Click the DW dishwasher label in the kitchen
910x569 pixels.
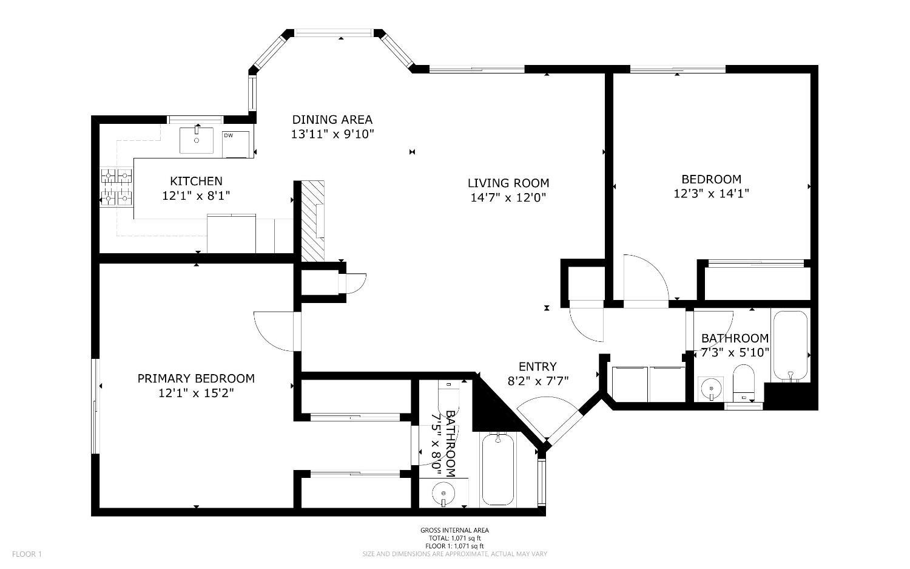click(228, 135)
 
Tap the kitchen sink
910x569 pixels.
click(197, 140)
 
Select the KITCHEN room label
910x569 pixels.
click(196, 181)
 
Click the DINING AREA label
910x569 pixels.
click(332, 120)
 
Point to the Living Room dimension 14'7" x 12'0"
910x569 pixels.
click(508, 197)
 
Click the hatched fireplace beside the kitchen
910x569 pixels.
click(314, 220)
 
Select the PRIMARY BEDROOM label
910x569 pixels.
click(196, 378)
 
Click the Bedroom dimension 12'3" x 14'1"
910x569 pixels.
click(711, 194)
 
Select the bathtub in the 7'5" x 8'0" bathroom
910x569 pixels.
click(497, 469)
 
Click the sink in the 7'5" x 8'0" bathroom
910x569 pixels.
click(444, 492)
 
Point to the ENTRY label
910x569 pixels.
click(537, 366)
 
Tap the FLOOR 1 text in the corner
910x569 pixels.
click(27, 554)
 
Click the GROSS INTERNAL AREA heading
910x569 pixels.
click(454, 530)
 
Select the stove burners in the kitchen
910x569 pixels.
click(116, 186)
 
